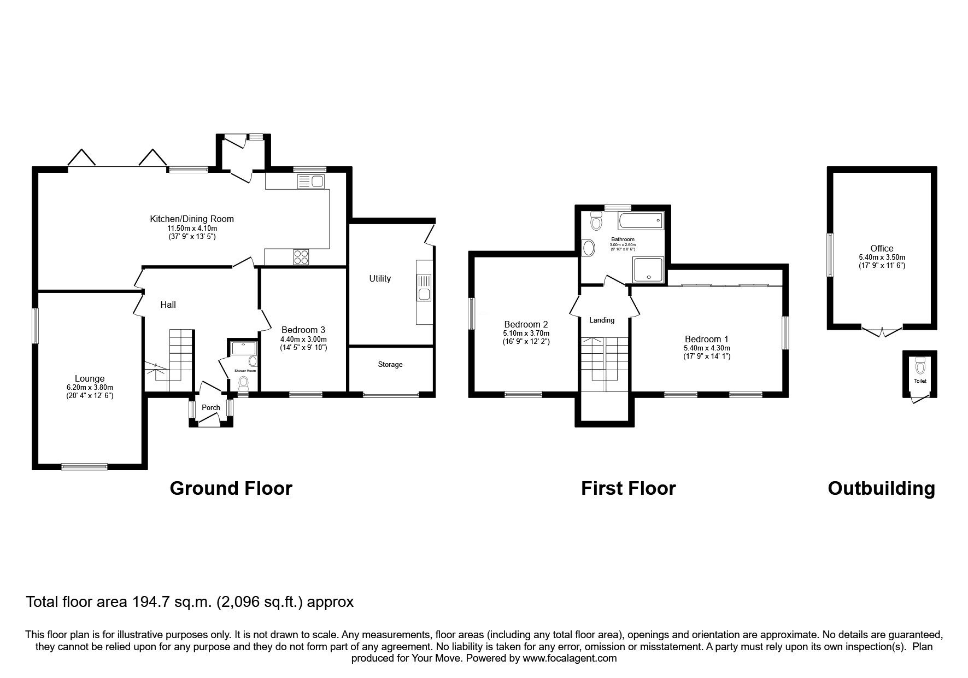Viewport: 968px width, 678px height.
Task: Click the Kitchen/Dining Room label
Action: pyautogui.click(x=192, y=219)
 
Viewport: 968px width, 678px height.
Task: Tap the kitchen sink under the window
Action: pyautogui.click(x=310, y=181)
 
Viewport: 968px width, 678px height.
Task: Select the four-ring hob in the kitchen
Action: pyautogui.click(x=301, y=256)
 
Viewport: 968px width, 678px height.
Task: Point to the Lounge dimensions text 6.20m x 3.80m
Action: pyautogui.click(x=90, y=387)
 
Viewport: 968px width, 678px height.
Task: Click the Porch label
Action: pyautogui.click(x=211, y=407)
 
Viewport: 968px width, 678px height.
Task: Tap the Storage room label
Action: pyautogui.click(x=390, y=364)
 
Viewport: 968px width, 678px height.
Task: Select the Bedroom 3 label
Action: pyautogui.click(x=303, y=330)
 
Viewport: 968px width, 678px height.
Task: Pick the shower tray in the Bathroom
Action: pyautogui.click(x=649, y=270)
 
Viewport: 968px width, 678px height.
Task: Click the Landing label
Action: pyautogui.click(x=602, y=320)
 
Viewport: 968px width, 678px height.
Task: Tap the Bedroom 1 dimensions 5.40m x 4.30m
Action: pyautogui.click(x=707, y=348)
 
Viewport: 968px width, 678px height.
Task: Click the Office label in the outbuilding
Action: pyautogui.click(x=882, y=248)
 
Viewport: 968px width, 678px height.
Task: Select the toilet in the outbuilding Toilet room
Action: pyautogui.click(x=920, y=365)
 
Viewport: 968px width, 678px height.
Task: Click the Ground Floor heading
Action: pyautogui.click(x=231, y=488)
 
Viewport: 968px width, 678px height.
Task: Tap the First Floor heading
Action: pyautogui.click(x=628, y=488)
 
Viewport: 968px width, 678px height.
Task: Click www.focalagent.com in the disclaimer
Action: pyautogui.click(x=570, y=658)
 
